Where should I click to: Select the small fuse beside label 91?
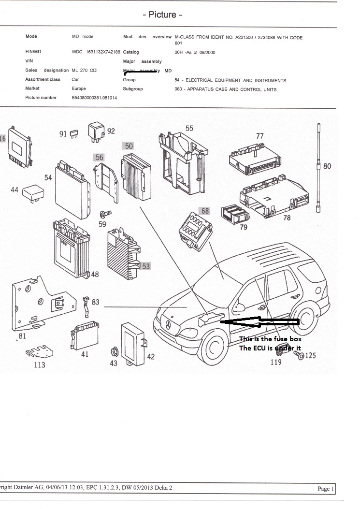tap(74, 133)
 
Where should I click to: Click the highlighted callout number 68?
tap(205, 211)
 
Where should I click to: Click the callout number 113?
tap(40, 365)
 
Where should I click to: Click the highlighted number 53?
tap(145, 266)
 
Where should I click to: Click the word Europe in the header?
tap(79, 88)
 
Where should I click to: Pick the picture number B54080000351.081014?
tap(94, 98)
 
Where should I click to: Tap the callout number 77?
tap(259, 136)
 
